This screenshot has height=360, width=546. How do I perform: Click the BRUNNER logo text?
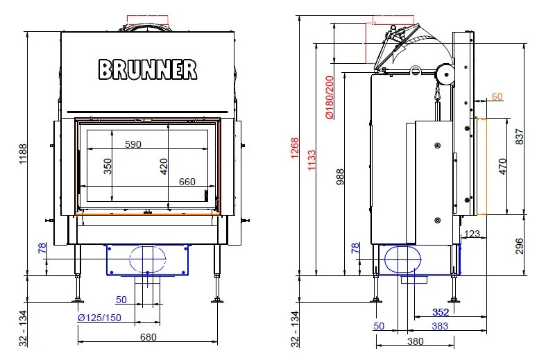pyautogui.click(x=148, y=69)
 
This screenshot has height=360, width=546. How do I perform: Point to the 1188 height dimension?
pyautogui.click(x=23, y=154)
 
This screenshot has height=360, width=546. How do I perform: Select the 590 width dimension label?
pyautogui.click(x=133, y=144)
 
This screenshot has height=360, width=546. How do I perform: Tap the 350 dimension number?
pyautogui.click(x=108, y=166)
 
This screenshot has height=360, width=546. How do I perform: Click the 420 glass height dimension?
pyautogui.click(x=164, y=166)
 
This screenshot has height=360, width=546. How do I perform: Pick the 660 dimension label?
pyautogui.click(x=187, y=182)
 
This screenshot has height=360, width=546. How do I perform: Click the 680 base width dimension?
pyautogui.click(x=148, y=337)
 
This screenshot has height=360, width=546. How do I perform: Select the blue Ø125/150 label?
pyautogui.click(x=99, y=318)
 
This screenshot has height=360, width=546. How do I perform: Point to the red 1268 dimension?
pyautogui.click(x=295, y=148)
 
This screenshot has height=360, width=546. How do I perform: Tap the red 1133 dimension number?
pyautogui.click(x=312, y=160)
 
